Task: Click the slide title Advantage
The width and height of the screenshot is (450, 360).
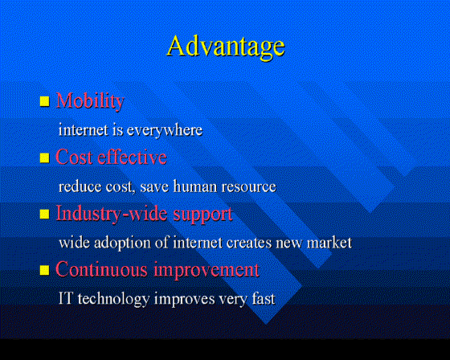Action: pos(226,47)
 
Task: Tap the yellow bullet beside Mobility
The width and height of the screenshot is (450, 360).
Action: pos(44,101)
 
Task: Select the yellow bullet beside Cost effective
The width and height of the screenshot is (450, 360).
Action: pos(44,157)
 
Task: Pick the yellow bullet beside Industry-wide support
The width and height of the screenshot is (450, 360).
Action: pos(44,214)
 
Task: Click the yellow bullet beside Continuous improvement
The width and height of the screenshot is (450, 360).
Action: pos(44,270)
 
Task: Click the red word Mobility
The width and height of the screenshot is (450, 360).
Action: pos(90,101)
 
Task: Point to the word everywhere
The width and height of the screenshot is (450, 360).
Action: pos(165,131)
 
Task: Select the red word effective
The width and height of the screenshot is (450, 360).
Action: pos(132,157)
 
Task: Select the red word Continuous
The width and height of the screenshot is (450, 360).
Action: pos(101,269)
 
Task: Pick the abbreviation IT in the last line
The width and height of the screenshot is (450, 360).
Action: pos(65,298)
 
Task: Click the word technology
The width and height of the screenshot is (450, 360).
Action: pos(113,300)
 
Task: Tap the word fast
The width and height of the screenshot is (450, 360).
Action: pos(264,299)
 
